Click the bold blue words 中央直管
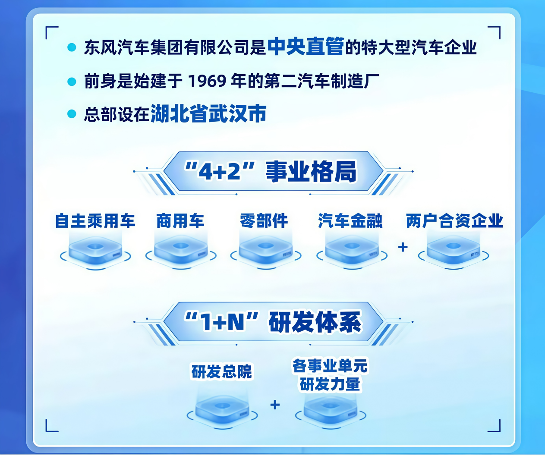[x=306, y=47]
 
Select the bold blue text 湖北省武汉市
[x=208, y=113]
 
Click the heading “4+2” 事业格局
[x=271, y=172]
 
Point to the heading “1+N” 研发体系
[x=273, y=322]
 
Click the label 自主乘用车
[x=95, y=221]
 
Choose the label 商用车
[x=180, y=221]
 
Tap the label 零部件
[x=264, y=221]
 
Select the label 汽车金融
[x=350, y=221]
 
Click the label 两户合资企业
[x=454, y=221]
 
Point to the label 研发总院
[x=222, y=372]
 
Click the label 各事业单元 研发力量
[x=330, y=375]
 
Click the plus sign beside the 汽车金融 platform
[x=403, y=247]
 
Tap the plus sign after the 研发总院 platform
[x=275, y=405]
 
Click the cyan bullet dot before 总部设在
[x=72, y=114]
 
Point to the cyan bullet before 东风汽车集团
[x=72, y=47]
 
